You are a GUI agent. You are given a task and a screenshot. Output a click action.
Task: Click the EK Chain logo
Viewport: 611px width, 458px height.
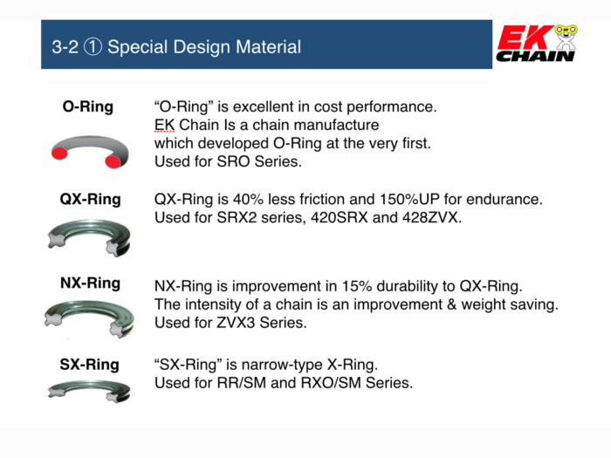[535, 44]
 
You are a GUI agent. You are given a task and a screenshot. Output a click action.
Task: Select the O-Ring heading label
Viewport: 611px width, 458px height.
[87, 107]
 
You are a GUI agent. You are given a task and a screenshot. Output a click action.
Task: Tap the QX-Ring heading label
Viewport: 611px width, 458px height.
[90, 200]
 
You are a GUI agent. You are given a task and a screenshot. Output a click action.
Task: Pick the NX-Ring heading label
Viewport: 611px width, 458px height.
[90, 284]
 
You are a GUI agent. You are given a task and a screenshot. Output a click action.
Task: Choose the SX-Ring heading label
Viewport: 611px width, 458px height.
[89, 364]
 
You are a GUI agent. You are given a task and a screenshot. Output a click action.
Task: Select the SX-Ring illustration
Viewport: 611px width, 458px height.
[89, 392]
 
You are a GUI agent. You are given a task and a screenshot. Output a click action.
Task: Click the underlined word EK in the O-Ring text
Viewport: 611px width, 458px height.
[164, 125]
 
